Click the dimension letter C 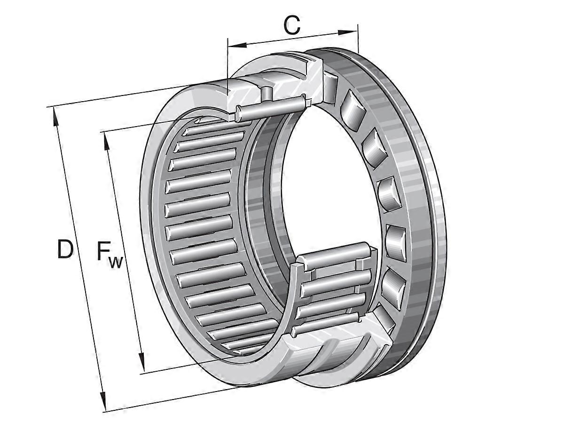[x=292, y=25]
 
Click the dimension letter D [x=65, y=249]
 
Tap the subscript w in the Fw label [x=115, y=262]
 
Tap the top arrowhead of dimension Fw [x=106, y=142]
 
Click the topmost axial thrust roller [x=329, y=88]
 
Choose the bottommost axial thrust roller [x=384, y=320]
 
